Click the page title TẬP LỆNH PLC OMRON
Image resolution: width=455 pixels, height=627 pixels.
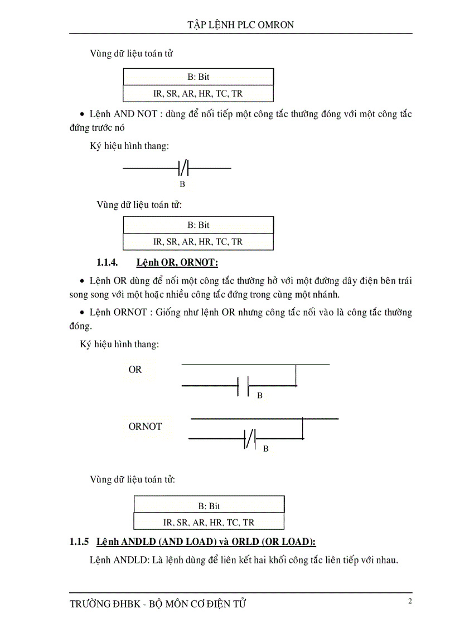(241, 25)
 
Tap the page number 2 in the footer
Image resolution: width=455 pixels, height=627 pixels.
(410, 601)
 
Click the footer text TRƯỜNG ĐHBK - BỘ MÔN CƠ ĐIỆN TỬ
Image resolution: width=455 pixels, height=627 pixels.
(158, 604)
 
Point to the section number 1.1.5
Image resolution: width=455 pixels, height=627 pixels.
(80, 542)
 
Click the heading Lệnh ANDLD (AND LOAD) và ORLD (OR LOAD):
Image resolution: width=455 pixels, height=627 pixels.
(206, 542)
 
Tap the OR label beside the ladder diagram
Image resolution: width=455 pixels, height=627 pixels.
(135, 370)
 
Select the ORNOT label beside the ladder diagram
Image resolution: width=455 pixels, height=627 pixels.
(145, 427)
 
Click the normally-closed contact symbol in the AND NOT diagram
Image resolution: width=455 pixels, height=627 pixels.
(184, 167)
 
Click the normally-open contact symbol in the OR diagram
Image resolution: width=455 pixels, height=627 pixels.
(243, 385)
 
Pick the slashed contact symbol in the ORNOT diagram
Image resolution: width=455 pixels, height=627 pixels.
(250, 439)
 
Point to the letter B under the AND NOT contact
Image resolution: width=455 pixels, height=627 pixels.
(182, 184)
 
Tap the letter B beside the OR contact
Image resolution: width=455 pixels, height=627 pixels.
(259, 395)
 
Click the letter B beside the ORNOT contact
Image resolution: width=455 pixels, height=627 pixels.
(265, 448)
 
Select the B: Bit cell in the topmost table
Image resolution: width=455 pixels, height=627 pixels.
(199, 76)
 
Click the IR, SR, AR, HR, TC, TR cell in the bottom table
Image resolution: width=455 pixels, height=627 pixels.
(209, 523)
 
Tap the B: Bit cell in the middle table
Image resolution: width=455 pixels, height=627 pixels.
(199, 225)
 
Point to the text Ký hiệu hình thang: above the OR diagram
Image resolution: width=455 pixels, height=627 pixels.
(120, 344)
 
